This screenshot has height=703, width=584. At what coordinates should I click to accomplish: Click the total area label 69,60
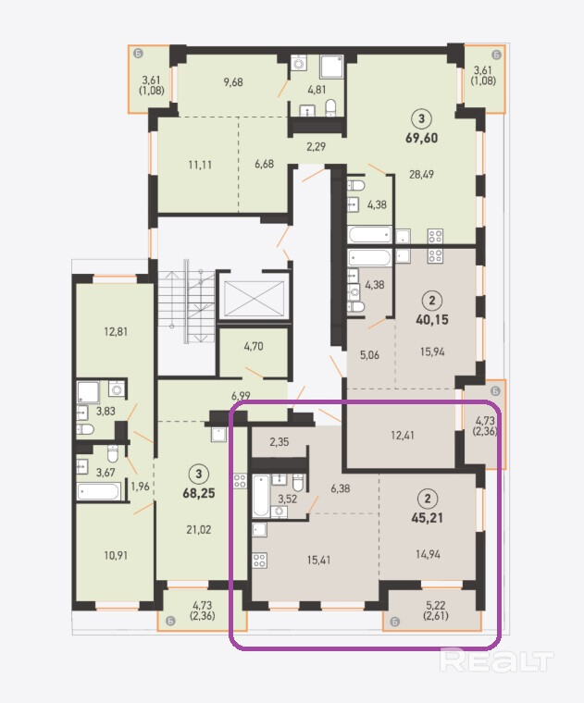tap(422, 138)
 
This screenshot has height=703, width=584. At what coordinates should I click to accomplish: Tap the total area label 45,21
tap(427, 518)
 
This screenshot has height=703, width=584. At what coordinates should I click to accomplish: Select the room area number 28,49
tap(421, 174)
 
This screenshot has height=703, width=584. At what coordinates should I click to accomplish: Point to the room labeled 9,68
tap(233, 82)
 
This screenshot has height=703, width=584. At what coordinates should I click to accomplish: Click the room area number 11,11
tap(200, 165)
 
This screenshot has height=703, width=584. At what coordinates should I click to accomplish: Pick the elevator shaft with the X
tap(254, 298)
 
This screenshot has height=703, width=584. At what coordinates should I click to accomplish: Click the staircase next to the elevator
tap(186, 302)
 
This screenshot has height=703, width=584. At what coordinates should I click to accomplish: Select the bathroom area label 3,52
tap(288, 499)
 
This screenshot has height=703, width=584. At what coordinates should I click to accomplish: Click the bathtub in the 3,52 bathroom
tap(261, 496)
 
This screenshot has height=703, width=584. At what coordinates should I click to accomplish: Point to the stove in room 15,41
tap(259, 560)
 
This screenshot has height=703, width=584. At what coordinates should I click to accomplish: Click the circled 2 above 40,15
tap(432, 300)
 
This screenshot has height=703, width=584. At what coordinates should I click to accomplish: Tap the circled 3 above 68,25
tap(199, 474)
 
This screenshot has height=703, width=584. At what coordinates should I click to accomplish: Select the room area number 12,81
tap(116, 332)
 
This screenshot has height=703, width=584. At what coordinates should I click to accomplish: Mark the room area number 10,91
tap(116, 556)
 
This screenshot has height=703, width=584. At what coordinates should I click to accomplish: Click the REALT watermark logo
tap(496, 660)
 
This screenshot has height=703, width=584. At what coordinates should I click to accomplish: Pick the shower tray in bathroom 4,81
tap(331, 67)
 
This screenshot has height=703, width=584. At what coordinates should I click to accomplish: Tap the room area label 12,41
tap(403, 436)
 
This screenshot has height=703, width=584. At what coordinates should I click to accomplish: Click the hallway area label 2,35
tap(279, 441)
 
